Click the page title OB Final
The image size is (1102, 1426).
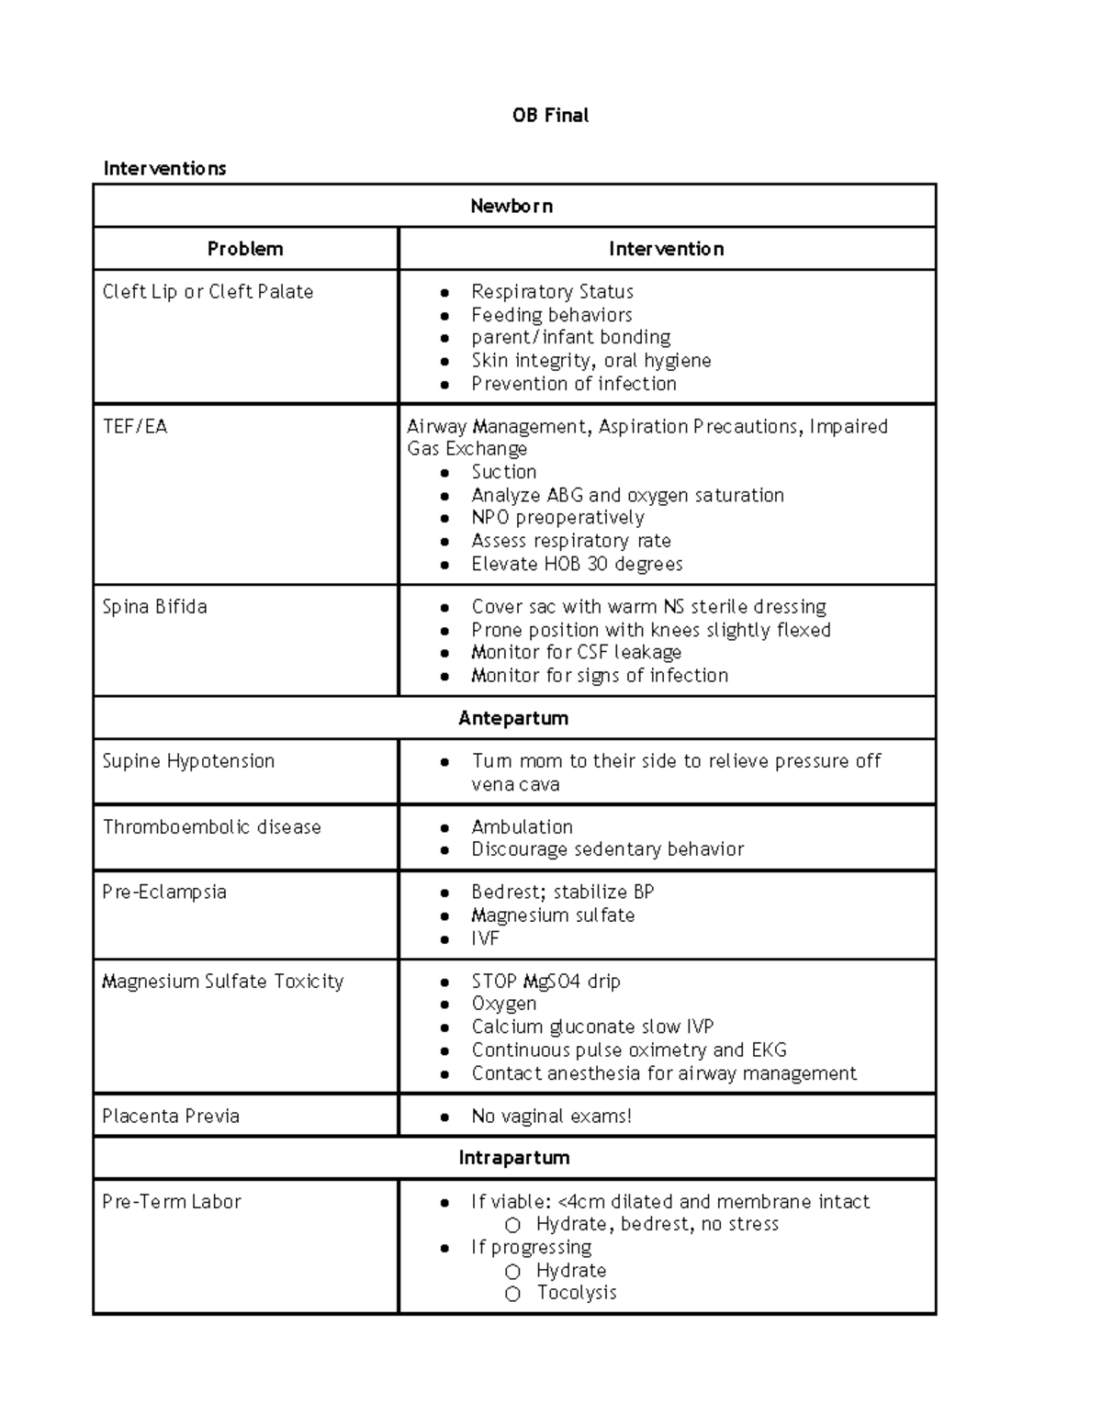pos(550,116)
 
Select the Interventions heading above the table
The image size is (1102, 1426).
pos(164,168)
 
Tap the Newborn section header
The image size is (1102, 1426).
pos(512,206)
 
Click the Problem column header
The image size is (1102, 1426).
pos(245,249)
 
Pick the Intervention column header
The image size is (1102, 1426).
pos(666,249)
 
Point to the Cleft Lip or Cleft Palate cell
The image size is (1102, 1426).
pos(208,292)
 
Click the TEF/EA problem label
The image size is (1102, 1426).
pos(135,427)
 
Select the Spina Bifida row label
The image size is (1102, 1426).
pos(154,607)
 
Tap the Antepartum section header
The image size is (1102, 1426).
pos(513,718)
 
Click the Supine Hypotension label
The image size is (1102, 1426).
pos(188,761)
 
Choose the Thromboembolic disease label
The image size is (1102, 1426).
pos(211,827)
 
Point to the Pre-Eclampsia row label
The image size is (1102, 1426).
pos(164,893)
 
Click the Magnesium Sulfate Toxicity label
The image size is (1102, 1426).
pos(222,982)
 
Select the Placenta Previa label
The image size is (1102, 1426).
pos(171,1117)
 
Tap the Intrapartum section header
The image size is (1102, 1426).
pos(514,1158)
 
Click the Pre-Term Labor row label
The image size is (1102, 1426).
pos(172,1202)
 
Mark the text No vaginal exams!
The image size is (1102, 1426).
pos(551,1117)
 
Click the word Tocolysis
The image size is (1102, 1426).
pos(577,1293)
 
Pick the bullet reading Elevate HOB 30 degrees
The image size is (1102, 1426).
pos(577,564)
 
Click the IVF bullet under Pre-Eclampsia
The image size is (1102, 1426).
pos(485,938)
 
